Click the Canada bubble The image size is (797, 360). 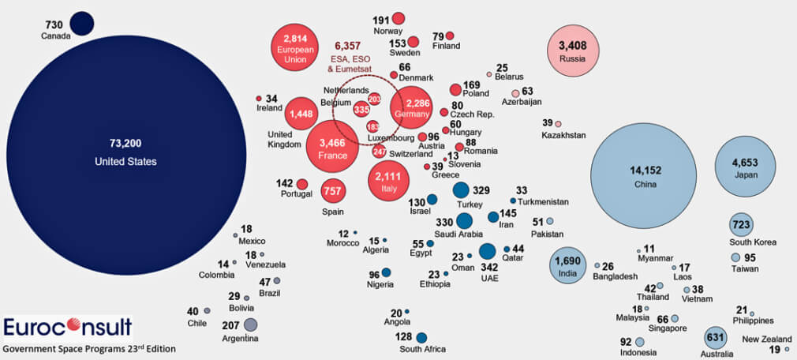[81, 24]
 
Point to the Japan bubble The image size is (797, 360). [744, 168]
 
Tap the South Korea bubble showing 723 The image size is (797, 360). [741, 225]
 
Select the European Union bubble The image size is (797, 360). [294, 47]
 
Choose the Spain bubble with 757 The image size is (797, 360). [333, 191]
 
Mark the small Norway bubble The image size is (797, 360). [398, 19]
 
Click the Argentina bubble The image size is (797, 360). [251, 324]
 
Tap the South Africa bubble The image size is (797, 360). [421, 337]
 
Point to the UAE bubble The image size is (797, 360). [487, 252]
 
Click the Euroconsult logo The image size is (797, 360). [67, 327]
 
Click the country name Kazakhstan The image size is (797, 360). [563, 136]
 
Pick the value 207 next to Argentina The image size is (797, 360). [230, 324]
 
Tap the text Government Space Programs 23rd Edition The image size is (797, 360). [88, 348]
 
